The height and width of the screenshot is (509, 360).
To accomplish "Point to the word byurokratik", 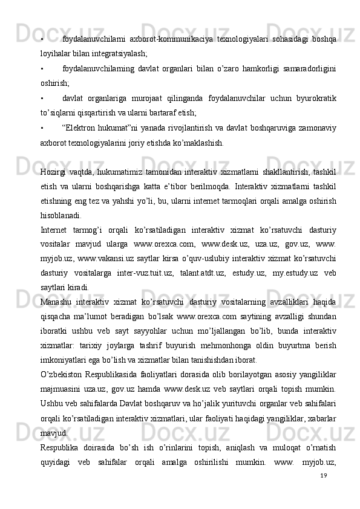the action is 313,97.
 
